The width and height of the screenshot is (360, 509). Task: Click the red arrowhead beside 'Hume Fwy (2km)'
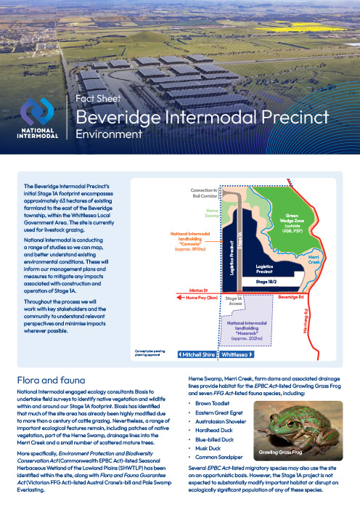(181, 297)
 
